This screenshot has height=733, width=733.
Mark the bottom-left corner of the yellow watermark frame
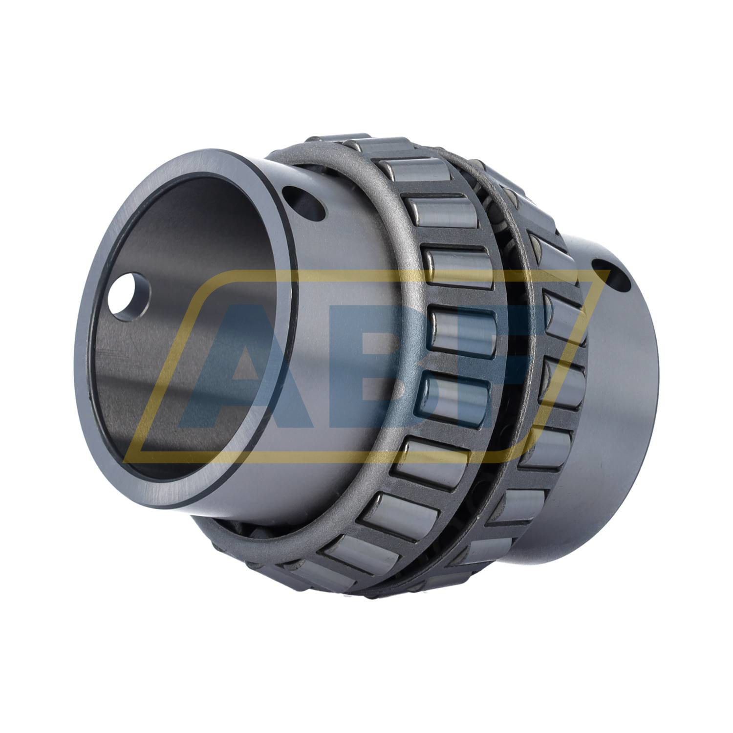click(128, 457)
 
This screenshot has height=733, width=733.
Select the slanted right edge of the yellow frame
click(567, 362)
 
